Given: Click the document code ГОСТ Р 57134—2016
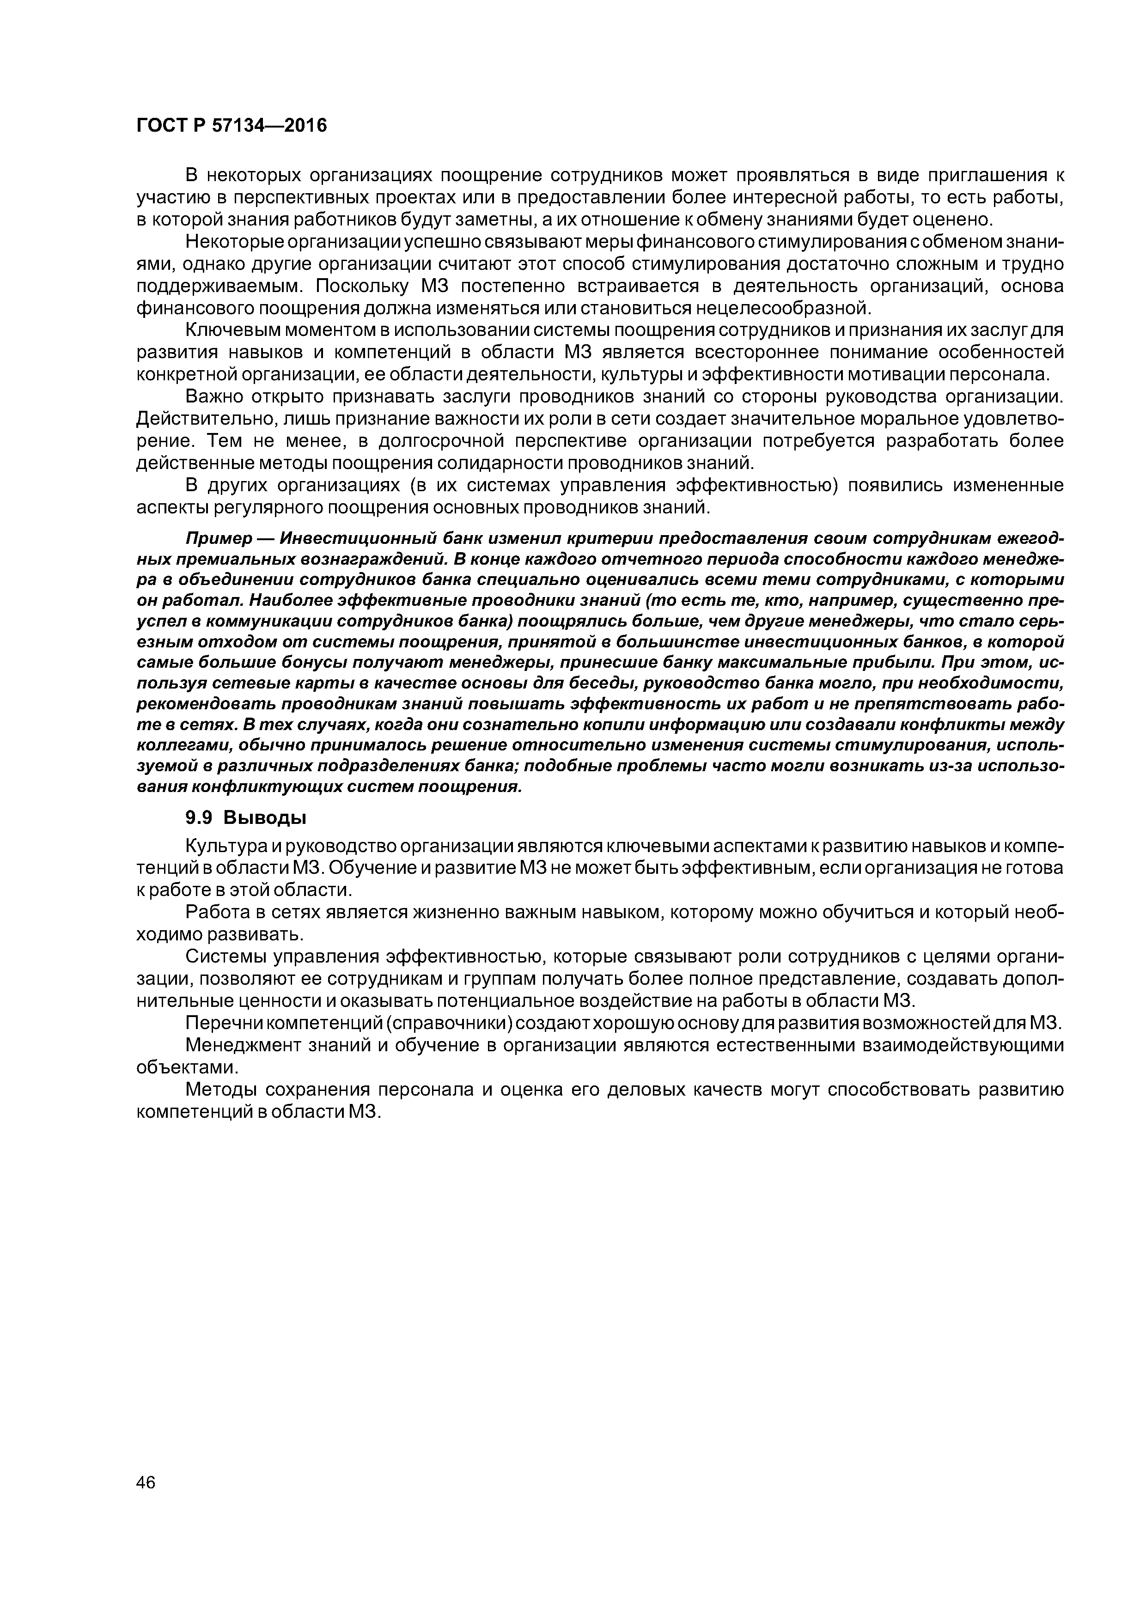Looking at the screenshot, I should coord(231,126).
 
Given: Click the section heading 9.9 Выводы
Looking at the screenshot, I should coord(245,817).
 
